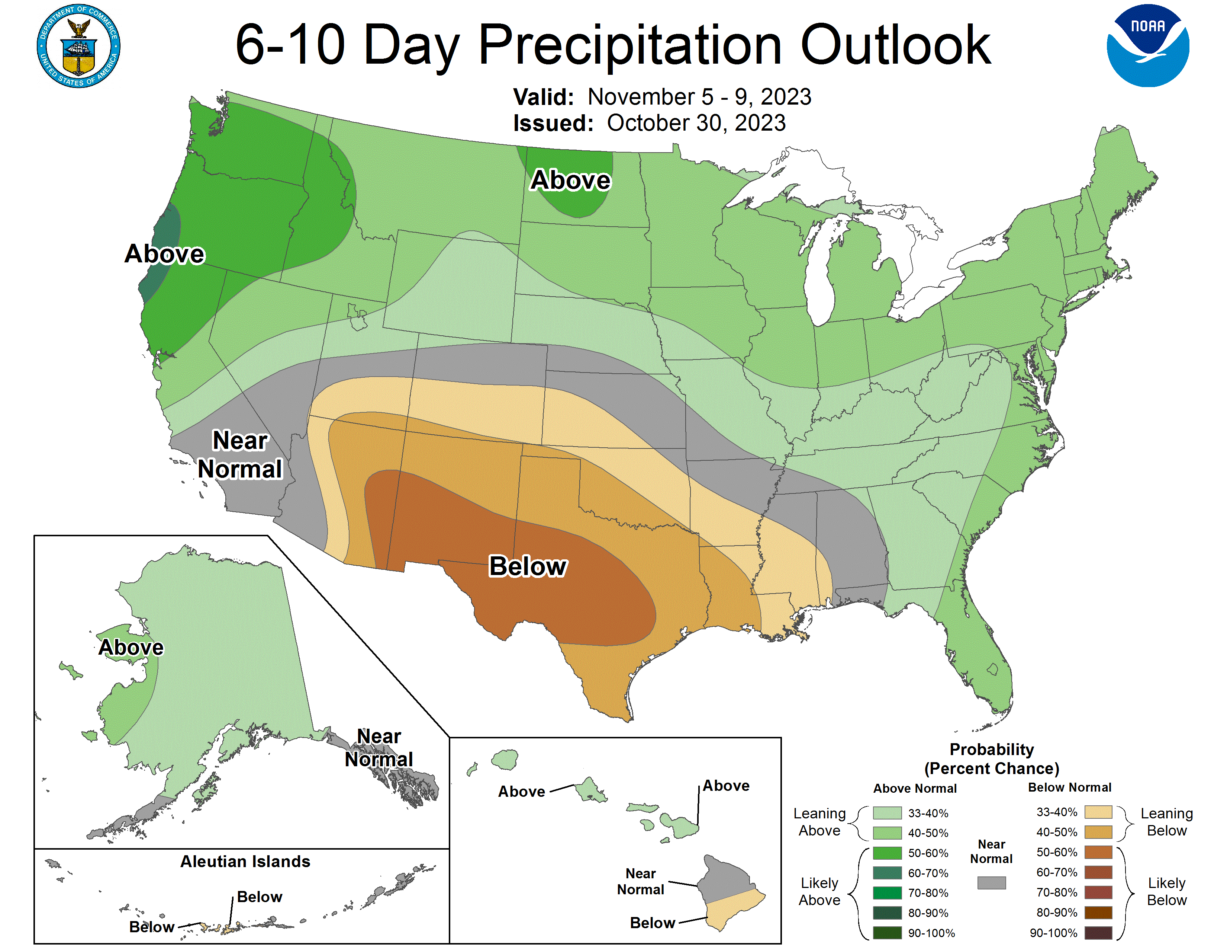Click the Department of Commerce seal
(79, 46)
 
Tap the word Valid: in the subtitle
(543, 97)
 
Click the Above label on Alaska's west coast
(131, 647)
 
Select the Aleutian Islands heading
(245, 861)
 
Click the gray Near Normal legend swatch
(991, 883)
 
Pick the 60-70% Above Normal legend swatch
(887, 873)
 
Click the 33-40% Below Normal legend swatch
(1098, 812)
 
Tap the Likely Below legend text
(1166, 892)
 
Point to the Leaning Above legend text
(819, 822)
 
